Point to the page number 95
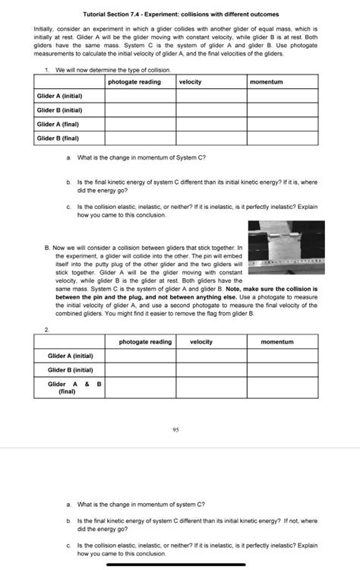pyautogui.click(x=175, y=429)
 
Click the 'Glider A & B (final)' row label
pyautogui.click(x=74, y=388)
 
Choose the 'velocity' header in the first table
pyautogui.click(x=191, y=81)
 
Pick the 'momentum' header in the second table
pyautogui.click(x=276, y=342)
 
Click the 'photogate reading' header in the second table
pyautogui.click(x=145, y=342)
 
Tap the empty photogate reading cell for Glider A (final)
pyautogui.click(x=140, y=124)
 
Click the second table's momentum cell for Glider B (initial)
pyautogui.click(x=276, y=369)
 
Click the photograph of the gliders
pyautogui.click(x=286, y=247)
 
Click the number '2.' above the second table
pyautogui.click(x=47, y=330)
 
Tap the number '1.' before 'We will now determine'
pyautogui.click(x=47, y=70)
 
